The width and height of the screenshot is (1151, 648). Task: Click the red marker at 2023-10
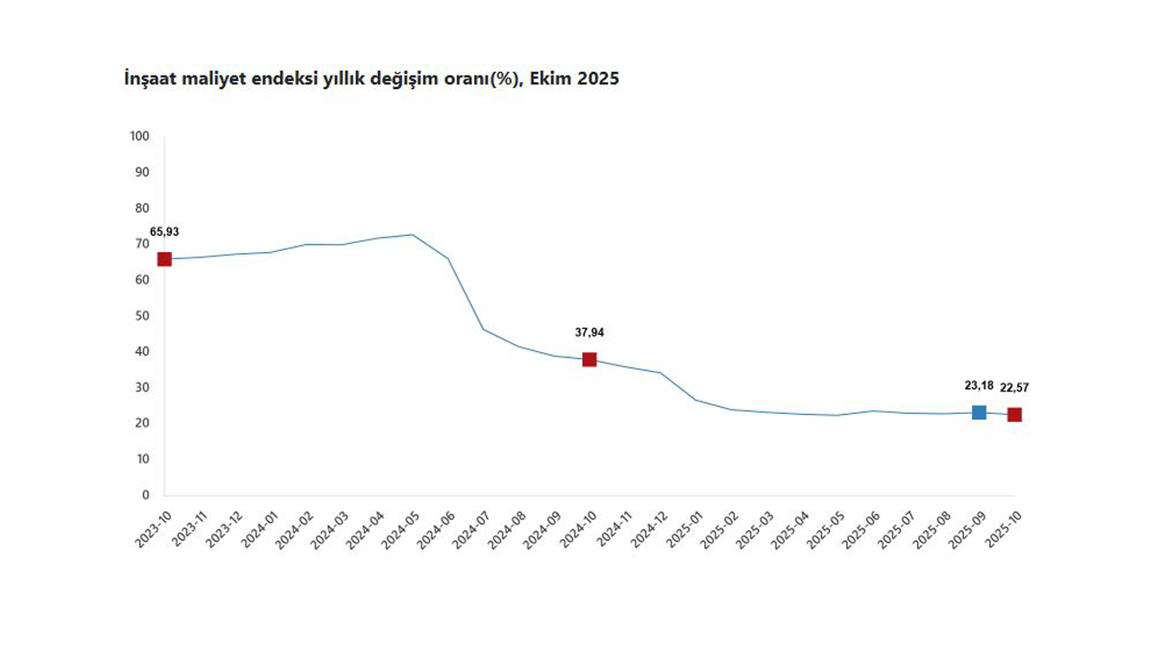(165, 259)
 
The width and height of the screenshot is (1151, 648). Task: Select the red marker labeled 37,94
(589, 359)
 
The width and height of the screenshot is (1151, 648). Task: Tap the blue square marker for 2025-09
(978, 412)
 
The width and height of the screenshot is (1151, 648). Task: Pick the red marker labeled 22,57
(1014, 415)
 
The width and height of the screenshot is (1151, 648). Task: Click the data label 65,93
(165, 231)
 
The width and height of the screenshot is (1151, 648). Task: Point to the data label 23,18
(979, 385)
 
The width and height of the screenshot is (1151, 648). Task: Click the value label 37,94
(589, 332)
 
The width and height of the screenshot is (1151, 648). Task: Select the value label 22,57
(1014, 388)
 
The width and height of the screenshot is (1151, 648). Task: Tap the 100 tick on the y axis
(139, 136)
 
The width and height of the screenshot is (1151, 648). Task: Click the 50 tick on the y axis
(142, 316)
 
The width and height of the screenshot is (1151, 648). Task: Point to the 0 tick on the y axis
(146, 495)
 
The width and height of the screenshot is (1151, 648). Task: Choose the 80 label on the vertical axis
(142, 208)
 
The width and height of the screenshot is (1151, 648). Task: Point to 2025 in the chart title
(598, 79)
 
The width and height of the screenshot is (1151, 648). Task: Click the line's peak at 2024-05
(412, 234)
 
